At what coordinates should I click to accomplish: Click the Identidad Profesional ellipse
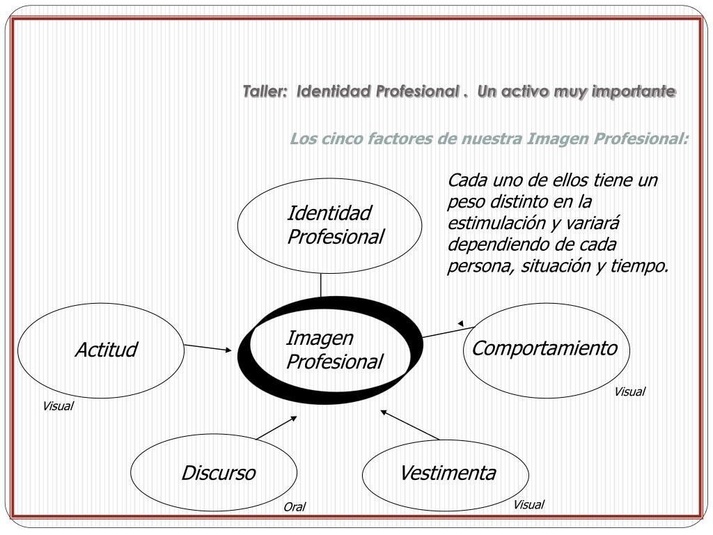click(329, 225)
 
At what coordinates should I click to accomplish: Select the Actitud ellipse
click(101, 350)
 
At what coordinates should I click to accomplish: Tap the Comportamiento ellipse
click(546, 350)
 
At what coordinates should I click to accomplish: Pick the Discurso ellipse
click(214, 474)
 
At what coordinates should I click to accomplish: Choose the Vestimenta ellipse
click(446, 474)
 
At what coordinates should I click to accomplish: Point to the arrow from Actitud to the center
click(208, 347)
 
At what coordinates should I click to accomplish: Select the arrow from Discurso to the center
click(276, 428)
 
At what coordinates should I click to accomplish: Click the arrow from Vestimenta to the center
click(411, 425)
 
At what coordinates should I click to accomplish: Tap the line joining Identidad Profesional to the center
click(321, 285)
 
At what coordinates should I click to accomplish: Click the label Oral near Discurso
click(294, 507)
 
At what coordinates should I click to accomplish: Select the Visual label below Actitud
click(58, 406)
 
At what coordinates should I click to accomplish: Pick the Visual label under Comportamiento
click(629, 391)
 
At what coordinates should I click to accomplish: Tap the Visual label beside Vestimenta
click(528, 504)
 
